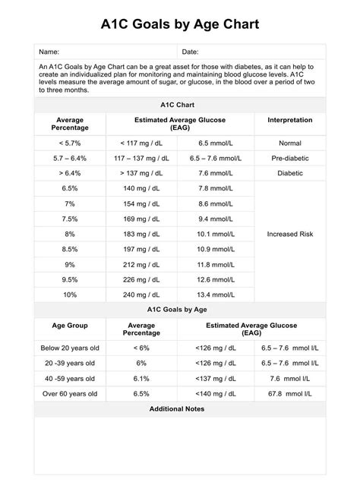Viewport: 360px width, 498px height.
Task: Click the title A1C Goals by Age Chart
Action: pos(180,24)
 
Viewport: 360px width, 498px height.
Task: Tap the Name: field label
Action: pos(49,52)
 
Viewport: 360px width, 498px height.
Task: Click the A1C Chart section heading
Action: pos(180,106)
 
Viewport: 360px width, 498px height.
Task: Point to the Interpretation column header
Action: pos(289,120)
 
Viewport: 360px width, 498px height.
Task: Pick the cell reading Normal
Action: pos(289,143)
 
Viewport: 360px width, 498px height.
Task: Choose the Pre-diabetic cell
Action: pos(289,158)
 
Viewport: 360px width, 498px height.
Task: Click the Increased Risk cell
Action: pos(289,234)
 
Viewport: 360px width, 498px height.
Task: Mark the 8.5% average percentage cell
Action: pos(70,249)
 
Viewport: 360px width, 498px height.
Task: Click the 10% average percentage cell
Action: pos(70,295)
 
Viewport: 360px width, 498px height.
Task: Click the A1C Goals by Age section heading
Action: pos(180,310)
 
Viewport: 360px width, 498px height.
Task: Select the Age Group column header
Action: pos(70,325)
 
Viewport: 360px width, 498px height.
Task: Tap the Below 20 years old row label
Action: pos(70,348)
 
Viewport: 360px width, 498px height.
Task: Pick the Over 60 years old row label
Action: pos(70,393)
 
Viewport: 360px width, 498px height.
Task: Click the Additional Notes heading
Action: pos(180,408)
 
